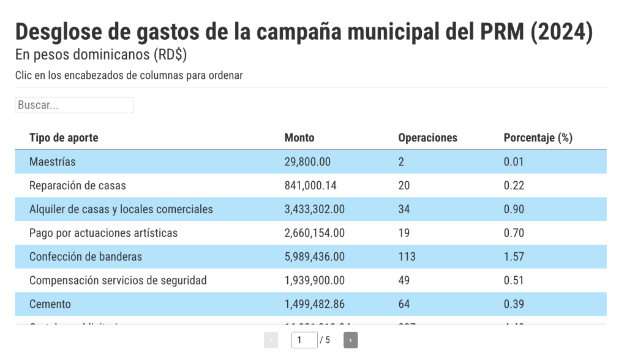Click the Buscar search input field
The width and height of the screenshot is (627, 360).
point(74,105)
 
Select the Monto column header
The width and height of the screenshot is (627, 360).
point(299,138)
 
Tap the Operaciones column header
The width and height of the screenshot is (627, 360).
point(427,138)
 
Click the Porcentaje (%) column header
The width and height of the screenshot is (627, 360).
point(538,138)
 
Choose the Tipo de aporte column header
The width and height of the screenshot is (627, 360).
point(64,138)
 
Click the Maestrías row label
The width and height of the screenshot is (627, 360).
point(53,162)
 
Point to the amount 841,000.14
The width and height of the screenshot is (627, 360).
point(310,186)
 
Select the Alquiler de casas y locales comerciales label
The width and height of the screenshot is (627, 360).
point(121,209)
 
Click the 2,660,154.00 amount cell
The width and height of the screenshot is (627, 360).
point(314,233)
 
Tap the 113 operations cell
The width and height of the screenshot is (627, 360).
point(407,257)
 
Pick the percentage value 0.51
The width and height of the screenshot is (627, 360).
point(514,280)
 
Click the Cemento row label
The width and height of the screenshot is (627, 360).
point(50,304)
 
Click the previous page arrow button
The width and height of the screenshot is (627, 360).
point(271,340)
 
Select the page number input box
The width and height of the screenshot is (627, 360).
point(304,340)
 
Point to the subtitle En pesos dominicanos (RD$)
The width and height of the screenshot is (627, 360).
point(101,54)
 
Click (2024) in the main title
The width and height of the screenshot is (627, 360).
point(561,32)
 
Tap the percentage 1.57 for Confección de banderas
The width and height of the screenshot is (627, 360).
point(514,257)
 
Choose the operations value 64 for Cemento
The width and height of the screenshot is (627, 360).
point(404,304)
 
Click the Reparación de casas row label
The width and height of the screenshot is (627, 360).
point(78,186)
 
